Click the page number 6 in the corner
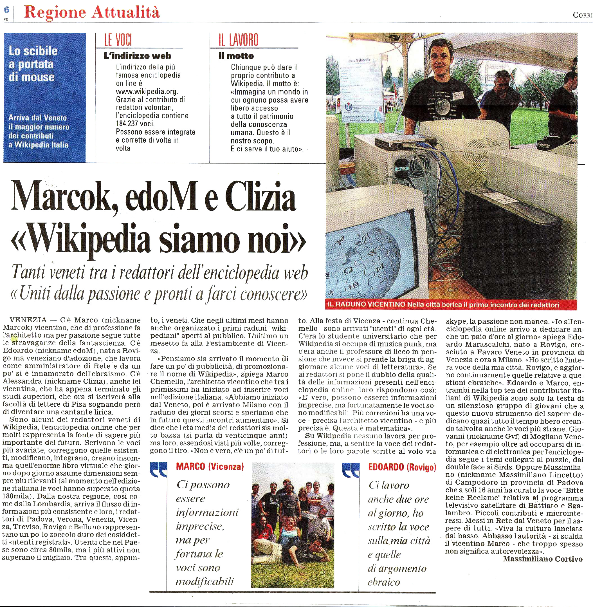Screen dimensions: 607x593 tap(6, 10)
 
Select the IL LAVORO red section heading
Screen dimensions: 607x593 tap(238, 40)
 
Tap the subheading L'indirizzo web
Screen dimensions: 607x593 tap(137, 56)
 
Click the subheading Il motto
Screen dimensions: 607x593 tap(236, 56)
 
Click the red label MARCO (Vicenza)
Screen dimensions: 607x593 tap(210, 467)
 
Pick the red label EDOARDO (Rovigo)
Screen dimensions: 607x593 tap(402, 467)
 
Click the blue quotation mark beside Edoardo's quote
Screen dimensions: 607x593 tap(351, 471)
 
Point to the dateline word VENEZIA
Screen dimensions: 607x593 tap(28, 320)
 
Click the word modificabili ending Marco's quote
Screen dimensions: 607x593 tap(204, 581)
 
